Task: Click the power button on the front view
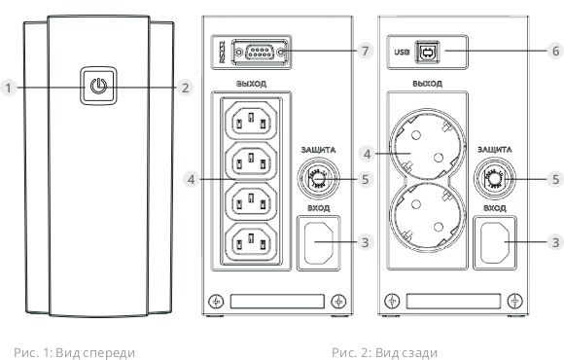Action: tap(98, 86)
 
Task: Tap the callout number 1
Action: tap(8, 88)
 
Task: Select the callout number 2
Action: tap(185, 88)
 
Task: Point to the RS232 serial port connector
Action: tap(260, 53)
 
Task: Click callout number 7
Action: tap(366, 51)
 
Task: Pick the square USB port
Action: tap(428, 53)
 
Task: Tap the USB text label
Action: tap(402, 53)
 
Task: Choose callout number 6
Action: tap(555, 51)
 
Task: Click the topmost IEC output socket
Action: tap(251, 121)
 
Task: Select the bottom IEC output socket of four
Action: tap(251, 241)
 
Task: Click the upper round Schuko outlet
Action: tap(427, 145)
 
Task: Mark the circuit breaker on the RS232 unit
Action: tap(317, 178)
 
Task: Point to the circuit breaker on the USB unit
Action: tap(494, 178)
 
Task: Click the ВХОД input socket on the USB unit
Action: tap(495, 242)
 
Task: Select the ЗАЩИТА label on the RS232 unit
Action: tap(318, 150)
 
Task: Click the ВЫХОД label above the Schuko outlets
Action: tap(427, 84)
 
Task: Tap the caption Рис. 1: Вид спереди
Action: tap(75, 353)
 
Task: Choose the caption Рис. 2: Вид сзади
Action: tap(384, 353)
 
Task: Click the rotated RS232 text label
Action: tap(223, 52)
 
